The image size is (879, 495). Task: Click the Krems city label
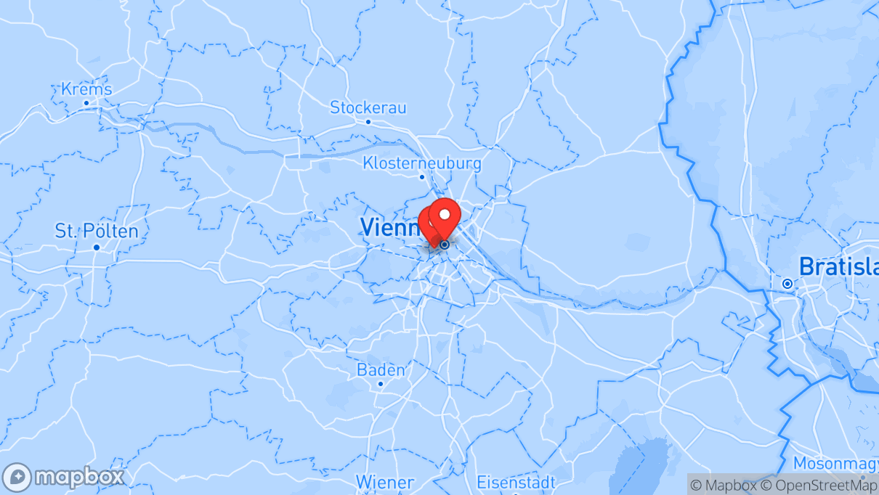pyautogui.click(x=86, y=89)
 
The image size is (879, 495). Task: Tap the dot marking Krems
pyautogui.click(x=86, y=102)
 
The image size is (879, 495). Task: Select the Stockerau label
pyautogui.click(x=368, y=107)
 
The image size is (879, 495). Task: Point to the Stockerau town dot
pyautogui.click(x=368, y=122)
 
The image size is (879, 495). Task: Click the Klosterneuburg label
pyautogui.click(x=422, y=163)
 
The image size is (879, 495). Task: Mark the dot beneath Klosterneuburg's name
pyautogui.click(x=421, y=176)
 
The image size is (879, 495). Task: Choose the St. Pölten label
pyautogui.click(x=97, y=232)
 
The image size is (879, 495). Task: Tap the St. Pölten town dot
pyautogui.click(x=97, y=247)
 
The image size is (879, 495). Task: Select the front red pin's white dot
pyautogui.click(x=445, y=214)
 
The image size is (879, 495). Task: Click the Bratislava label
pyautogui.click(x=838, y=266)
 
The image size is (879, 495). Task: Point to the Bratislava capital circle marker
pyautogui.click(x=787, y=284)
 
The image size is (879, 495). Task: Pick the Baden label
pyautogui.click(x=381, y=370)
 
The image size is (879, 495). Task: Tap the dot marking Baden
pyautogui.click(x=380, y=384)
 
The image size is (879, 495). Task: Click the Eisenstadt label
pyautogui.click(x=516, y=482)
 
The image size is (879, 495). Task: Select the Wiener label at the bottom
pyautogui.click(x=384, y=482)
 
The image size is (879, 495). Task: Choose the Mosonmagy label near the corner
pyautogui.click(x=835, y=463)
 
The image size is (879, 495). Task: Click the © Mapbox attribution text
pyautogui.click(x=718, y=485)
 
